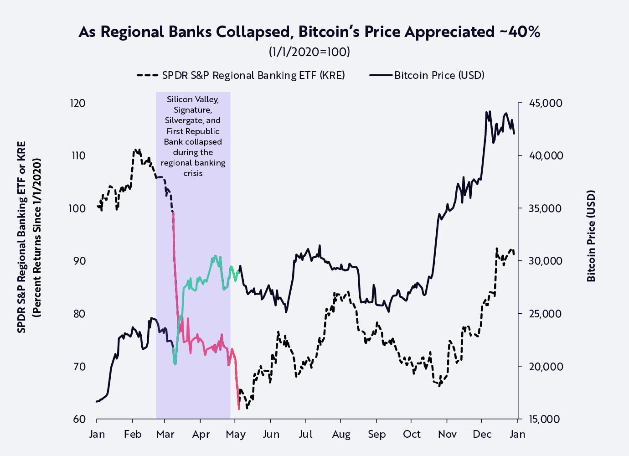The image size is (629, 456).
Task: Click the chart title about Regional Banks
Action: tap(309, 32)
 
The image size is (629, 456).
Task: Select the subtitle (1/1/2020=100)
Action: tap(309, 52)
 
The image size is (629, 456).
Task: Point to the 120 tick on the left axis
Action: tap(77, 103)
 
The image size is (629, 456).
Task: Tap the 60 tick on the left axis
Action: tap(79, 419)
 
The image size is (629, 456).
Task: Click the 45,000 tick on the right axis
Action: tap(546, 103)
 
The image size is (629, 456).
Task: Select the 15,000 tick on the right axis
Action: tap(546, 419)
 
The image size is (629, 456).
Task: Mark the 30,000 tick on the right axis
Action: tap(546, 261)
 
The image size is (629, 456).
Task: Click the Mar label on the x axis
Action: tap(165, 434)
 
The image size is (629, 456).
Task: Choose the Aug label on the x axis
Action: tap(341, 434)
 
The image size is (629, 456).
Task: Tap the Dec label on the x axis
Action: tap(482, 434)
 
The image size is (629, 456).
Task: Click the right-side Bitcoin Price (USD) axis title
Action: tap(591, 236)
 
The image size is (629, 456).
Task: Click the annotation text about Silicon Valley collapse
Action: tap(193, 136)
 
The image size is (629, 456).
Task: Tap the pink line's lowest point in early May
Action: tap(239, 409)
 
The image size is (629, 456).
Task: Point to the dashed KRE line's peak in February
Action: tap(136, 149)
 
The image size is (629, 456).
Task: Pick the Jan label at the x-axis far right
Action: tap(517, 434)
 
